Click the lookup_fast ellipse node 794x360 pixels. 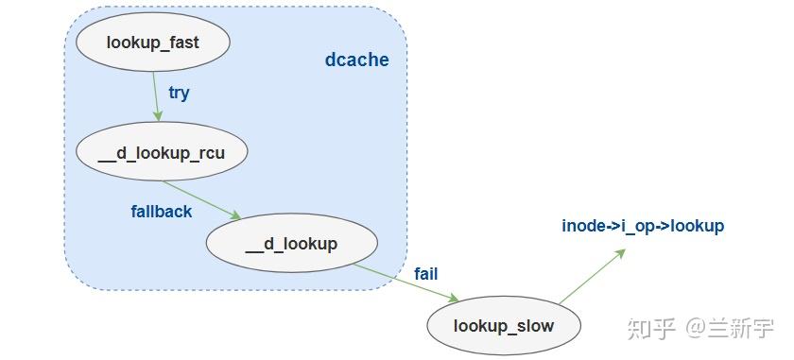(x=153, y=43)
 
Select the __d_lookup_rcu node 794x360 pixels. (x=160, y=151)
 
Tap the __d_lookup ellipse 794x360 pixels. (x=291, y=244)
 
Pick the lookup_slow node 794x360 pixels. (x=503, y=326)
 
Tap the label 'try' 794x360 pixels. (x=179, y=93)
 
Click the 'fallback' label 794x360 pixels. (x=161, y=212)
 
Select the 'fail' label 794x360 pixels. (x=425, y=274)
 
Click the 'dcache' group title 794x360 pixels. (x=356, y=60)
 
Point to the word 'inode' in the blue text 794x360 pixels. (x=582, y=226)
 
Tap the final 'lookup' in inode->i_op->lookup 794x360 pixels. (x=699, y=226)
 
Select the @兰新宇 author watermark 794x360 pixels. (x=730, y=328)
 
